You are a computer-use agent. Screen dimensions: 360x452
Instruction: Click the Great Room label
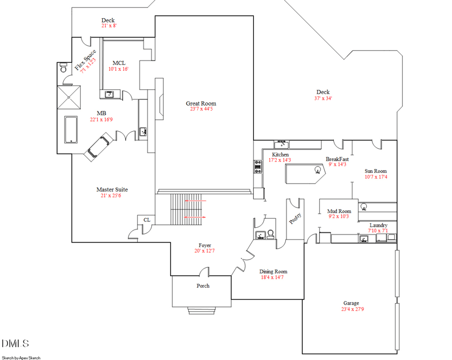point(201,103)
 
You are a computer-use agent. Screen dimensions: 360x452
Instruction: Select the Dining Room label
point(273,271)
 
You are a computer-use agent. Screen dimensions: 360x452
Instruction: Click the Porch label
point(203,286)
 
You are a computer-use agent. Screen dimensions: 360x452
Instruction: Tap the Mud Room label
point(340,211)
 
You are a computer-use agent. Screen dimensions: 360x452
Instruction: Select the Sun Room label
point(376,171)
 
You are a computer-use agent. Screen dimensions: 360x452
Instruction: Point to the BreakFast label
point(337,159)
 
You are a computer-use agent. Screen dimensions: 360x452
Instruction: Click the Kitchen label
point(280,154)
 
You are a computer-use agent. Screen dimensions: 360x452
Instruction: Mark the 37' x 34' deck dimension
point(323,98)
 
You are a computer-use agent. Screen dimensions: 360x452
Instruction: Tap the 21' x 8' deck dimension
point(108,26)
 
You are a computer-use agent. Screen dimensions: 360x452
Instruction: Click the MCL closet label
point(119,63)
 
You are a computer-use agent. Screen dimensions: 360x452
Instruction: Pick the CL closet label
point(146,220)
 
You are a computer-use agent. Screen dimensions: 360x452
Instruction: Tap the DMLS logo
point(15,343)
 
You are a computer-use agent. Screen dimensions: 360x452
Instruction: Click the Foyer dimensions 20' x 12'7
point(204,251)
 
